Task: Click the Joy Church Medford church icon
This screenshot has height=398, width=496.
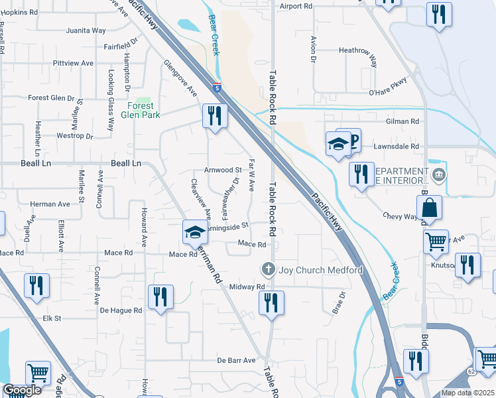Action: (268, 269)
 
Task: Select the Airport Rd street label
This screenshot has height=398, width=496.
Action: (296, 6)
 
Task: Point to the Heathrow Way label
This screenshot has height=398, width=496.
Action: (357, 50)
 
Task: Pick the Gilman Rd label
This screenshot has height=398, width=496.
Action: (404, 121)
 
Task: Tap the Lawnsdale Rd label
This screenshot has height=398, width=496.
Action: (397, 146)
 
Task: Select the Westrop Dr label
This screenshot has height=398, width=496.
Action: (74, 136)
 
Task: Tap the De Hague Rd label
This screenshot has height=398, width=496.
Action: (121, 310)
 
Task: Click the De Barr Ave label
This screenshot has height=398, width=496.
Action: (236, 360)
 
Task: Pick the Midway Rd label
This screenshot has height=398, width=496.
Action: (247, 287)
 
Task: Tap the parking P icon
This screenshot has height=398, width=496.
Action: (353, 139)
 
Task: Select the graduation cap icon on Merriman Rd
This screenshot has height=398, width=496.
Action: (195, 232)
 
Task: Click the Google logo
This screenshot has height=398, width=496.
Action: (22, 390)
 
